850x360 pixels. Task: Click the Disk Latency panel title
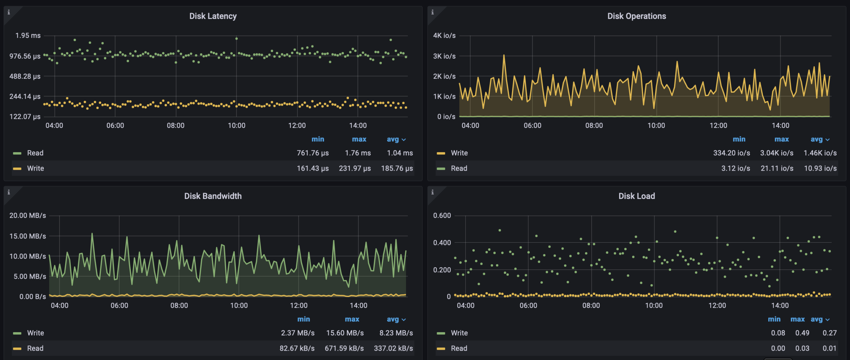tap(213, 16)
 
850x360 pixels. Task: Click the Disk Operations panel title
tap(637, 16)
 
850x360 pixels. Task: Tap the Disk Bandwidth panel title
tap(213, 196)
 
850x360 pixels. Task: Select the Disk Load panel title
tap(637, 196)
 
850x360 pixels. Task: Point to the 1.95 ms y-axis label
tap(28, 36)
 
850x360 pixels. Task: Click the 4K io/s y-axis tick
tap(444, 36)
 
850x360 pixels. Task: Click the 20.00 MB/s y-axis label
tap(28, 216)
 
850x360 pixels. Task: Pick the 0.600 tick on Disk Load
tap(442, 216)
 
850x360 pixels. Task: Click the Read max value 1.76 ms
tap(358, 153)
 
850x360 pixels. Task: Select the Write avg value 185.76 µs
tap(397, 168)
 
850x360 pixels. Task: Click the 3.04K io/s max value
tap(777, 153)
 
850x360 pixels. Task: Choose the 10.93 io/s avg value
tap(820, 168)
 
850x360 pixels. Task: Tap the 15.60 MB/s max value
tap(345, 333)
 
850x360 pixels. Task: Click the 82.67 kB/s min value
tap(297, 348)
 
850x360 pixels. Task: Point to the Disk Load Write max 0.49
tap(802, 333)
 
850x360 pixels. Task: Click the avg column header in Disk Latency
tap(393, 139)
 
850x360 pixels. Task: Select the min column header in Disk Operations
tap(739, 139)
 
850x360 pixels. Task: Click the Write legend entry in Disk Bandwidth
tap(35, 333)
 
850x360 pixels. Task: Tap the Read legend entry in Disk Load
tap(459, 348)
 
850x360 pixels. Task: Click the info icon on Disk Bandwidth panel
tap(9, 192)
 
